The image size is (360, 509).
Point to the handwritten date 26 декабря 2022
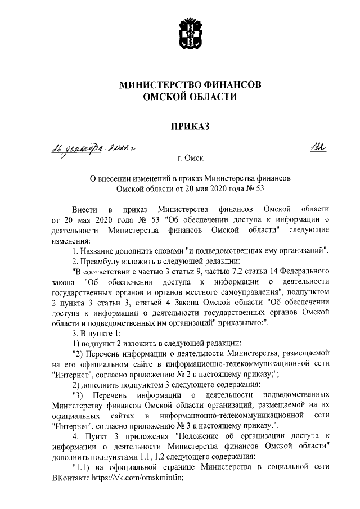coord(87,150)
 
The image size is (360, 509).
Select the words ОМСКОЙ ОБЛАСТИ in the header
coord(190,97)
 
